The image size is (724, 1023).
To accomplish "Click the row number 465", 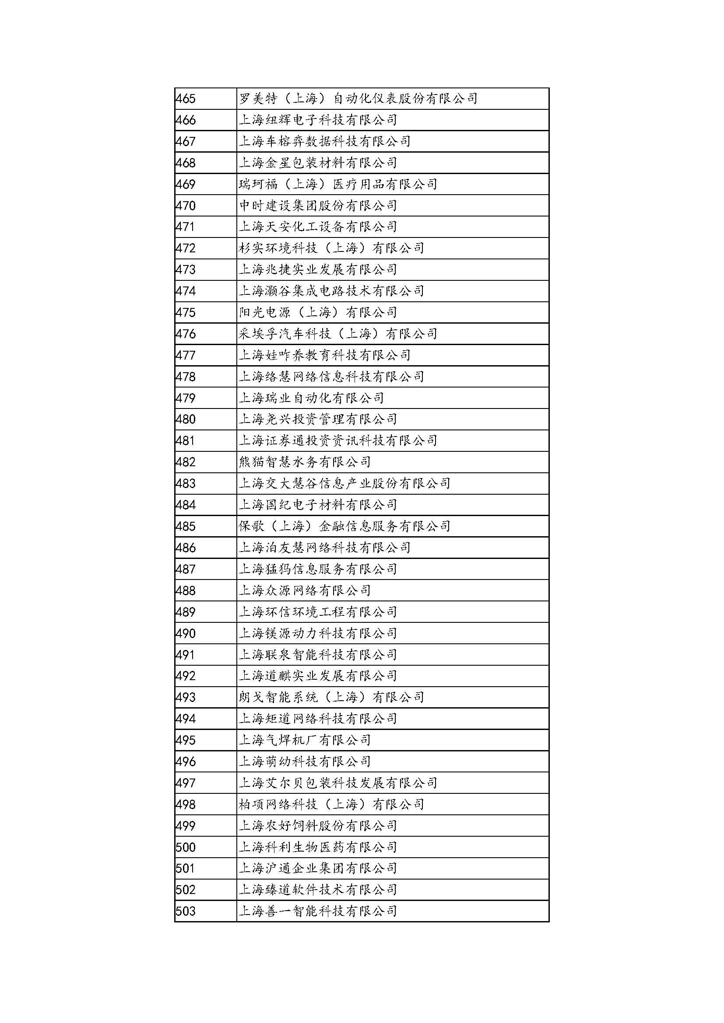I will pyautogui.click(x=186, y=98).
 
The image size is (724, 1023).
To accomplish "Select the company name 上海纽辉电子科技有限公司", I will pyautogui.click(x=317, y=120).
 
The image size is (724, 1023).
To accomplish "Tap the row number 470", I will pyautogui.click(x=186, y=206).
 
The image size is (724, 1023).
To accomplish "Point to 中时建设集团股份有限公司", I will pyautogui.click(x=317, y=206).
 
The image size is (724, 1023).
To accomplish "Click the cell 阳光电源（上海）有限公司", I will pyautogui.click(x=317, y=313).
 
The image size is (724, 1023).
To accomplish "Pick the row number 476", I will pyautogui.click(x=186, y=334).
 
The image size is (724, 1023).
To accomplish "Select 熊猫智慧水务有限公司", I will pyautogui.click(x=305, y=462).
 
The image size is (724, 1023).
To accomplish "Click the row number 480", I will pyautogui.click(x=186, y=420).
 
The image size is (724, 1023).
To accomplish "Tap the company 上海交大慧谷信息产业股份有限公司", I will pyautogui.click(x=344, y=484).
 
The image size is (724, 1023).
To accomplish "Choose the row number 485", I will pyautogui.click(x=186, y=527).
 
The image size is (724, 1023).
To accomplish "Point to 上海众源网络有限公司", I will pyautogui.click(x=305, y=591).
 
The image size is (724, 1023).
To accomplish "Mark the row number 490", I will pyautogui.click(x=186, y=634).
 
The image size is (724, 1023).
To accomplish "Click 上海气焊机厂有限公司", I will pyautogui.click(x=305, y=740).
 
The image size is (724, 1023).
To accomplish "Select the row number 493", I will pyautogui.click(x=186, y=698).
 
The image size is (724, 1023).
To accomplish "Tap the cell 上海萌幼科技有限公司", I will pyautogui.click(x=305, y=762).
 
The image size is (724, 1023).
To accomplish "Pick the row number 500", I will pyautogui.click(x=186, y=848).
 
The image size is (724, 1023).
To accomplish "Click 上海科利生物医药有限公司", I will pyautogui.click(x=317, y=848).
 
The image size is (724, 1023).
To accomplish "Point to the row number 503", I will pyautogui.click(x=186, y=911).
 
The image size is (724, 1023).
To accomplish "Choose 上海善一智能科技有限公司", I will pyautogui.click(x=317, y=911).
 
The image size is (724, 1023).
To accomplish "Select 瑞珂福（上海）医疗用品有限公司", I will pyautogui.click(x=337, y=185).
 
